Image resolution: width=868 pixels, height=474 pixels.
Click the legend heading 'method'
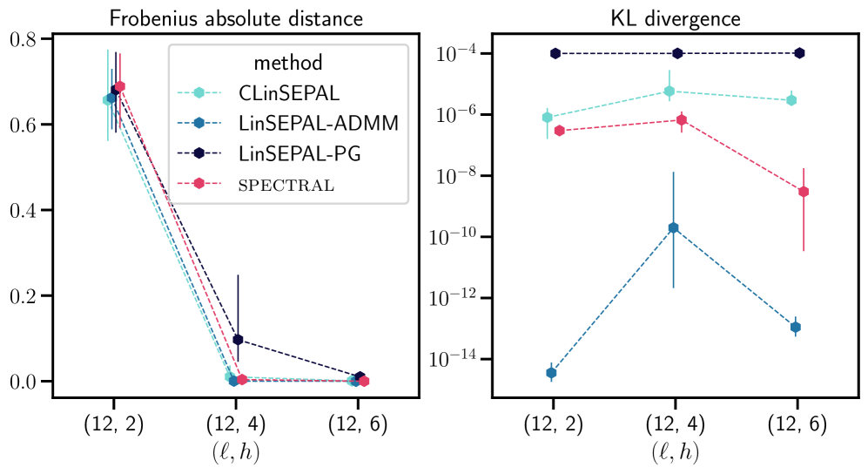pos(288,63)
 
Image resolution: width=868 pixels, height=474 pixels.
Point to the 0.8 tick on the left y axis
pos(24,39)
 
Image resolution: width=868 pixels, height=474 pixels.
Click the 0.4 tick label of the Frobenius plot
pos(24,210)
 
